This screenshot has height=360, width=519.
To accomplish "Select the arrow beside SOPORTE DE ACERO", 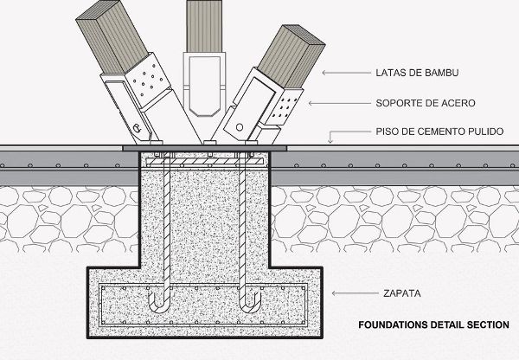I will [320, 102].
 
